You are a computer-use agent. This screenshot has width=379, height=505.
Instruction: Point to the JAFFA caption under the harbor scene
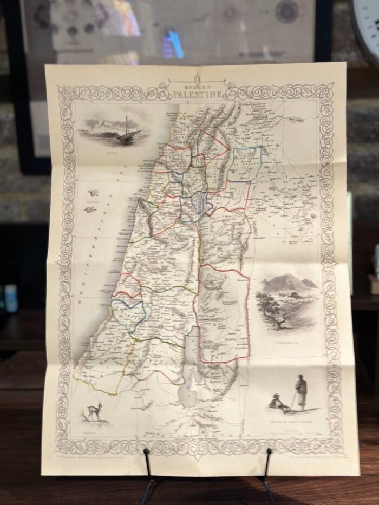(x=113, y=153)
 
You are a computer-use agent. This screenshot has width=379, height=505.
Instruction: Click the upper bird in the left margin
(x=93, y=193)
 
